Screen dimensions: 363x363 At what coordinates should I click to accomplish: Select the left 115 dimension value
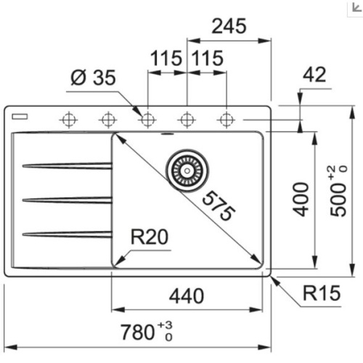(168, 59)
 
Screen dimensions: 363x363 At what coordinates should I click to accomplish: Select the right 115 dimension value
(208, 59)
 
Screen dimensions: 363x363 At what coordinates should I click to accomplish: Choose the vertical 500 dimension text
(338, 191)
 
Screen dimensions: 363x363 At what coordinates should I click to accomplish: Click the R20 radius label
(151, 237)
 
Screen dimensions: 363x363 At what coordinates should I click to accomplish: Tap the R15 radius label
(322, 295)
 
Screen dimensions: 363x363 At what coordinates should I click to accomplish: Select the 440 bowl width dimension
(192, 296)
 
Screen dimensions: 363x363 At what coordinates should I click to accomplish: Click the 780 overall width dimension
(142, 333)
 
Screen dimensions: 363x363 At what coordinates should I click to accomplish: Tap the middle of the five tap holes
(147, 118)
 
